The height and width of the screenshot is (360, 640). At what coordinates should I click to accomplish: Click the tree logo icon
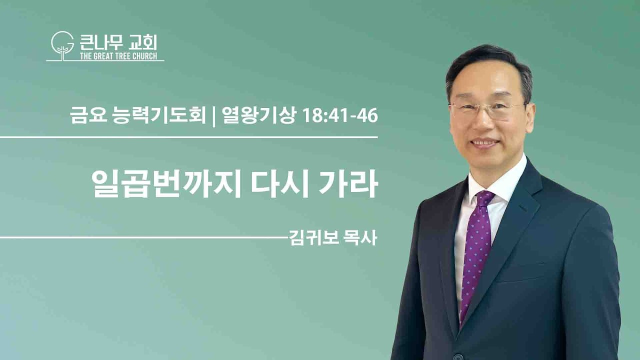[62, 45]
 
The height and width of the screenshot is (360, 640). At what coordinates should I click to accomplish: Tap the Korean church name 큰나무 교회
[118, 42]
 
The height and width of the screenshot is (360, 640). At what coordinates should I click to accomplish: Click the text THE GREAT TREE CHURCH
[118, 56]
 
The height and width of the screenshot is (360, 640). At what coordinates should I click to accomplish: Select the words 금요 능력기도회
[137, 115]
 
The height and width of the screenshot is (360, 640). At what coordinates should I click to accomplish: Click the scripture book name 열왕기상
[258, 115]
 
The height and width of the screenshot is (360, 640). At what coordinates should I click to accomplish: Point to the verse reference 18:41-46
[339, 115]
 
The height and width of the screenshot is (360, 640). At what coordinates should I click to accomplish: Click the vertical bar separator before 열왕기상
[213, 116]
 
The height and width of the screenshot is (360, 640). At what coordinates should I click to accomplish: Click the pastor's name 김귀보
[313, 237]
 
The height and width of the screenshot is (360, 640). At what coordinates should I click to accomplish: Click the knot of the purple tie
[485, 199]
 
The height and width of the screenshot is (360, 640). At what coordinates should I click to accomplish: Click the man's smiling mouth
[485, 142]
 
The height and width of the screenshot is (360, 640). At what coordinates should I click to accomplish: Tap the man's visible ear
[529, 117]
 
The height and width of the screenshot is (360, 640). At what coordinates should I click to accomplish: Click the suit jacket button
[458, 357]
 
